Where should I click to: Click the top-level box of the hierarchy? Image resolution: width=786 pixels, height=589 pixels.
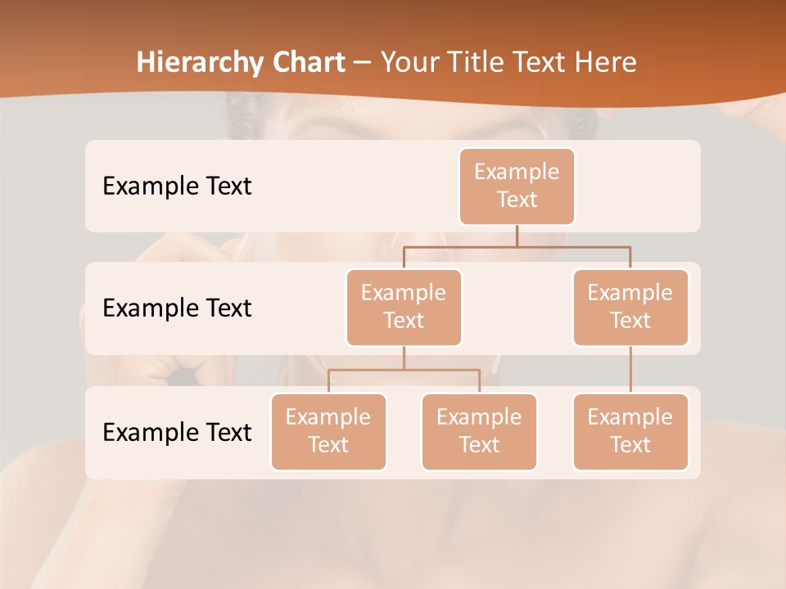pos(517,186)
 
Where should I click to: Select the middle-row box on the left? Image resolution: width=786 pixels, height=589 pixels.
pos(404,307)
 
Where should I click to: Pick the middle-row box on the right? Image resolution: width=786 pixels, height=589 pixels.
pos(630,307)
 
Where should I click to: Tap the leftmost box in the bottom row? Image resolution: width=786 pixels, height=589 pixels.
pos(328,431)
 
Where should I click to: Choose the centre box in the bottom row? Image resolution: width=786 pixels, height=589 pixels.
pos(479,431)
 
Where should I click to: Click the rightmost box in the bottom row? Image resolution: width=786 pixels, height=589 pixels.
pos(630,431)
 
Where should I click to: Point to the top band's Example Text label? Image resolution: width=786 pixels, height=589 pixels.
pos(177,187)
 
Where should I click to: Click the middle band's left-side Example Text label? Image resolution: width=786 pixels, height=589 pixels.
pos(177,308)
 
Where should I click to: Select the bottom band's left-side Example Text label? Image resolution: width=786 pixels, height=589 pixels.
pos(177,432)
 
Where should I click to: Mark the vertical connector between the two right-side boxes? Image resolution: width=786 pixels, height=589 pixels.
pos(630,370)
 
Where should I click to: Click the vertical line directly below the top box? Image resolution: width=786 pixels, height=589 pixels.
pos(517,236)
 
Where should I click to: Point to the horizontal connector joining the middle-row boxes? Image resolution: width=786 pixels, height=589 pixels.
pos(517,246)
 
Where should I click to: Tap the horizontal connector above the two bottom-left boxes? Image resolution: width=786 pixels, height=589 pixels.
pos(404,370)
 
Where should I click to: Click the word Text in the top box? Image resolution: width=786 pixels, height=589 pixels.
pos(517,200)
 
